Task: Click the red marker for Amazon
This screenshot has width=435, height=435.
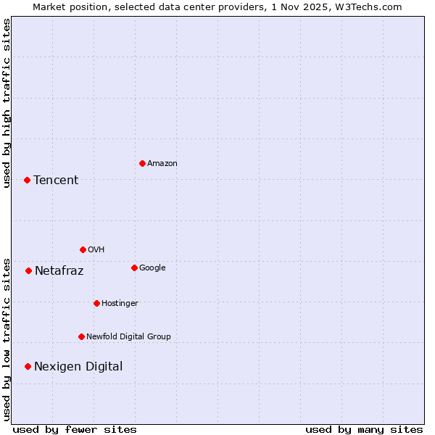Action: [x=142, y=163]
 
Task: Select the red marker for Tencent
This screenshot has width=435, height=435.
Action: [x=27, y=180]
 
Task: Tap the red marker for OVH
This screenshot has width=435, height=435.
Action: [x=83, y=249]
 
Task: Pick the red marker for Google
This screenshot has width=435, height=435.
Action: [x=134, y=268]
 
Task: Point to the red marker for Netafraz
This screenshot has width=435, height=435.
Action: [x=28, y=270]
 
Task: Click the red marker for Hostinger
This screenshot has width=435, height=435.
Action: [x=96, y=303]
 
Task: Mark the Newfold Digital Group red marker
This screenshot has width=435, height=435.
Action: [x=81, y=336]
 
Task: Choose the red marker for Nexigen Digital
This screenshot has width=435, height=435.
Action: [x=28, y=366]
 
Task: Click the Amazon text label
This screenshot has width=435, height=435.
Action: [x=162, y=164]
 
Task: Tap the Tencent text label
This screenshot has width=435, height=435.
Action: [x=56, y=181]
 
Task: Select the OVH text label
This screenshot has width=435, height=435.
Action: [x=96, y=250]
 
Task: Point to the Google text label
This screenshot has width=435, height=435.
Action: [x=152, y=268]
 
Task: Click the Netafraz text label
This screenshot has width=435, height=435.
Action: [x=59, y=271]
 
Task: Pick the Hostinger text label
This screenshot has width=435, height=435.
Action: [x=120, y=304]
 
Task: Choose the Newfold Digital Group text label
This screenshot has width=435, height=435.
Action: [x=128, y=337]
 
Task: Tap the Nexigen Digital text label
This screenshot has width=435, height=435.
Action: [x=78, y=367]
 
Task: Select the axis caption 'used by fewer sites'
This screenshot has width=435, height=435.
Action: [x=75, y=429]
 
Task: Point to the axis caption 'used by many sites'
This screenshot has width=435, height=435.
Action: [x=364, y=429]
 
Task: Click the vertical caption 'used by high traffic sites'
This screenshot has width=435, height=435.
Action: [x=7, y=104]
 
